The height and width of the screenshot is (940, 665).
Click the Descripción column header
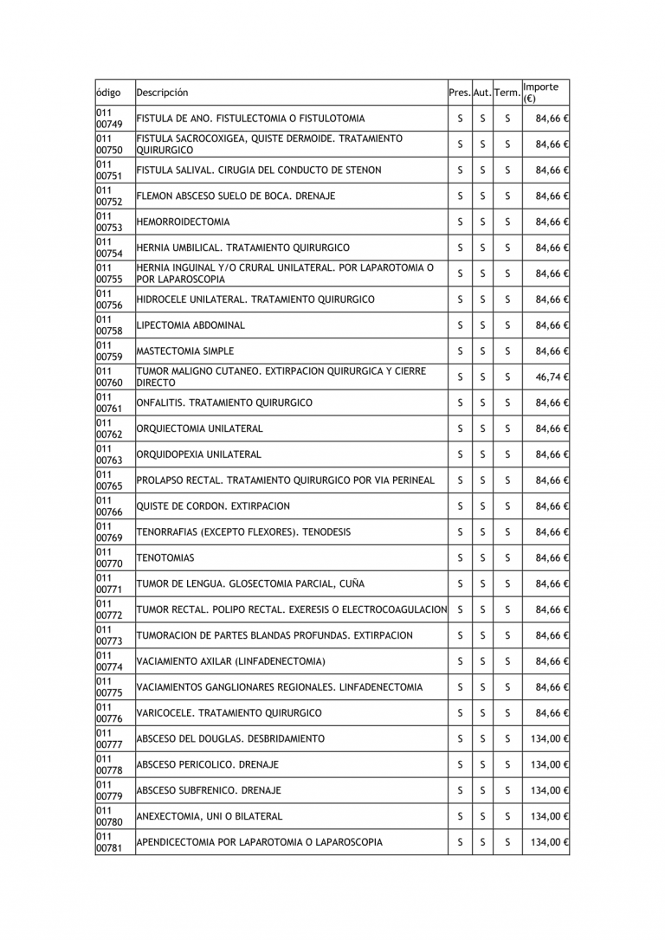click(162, 93)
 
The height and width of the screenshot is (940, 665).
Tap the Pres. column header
click(460, 93)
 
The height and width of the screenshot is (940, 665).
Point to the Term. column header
click(507, 93)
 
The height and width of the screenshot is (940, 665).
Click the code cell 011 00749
click(109, 119)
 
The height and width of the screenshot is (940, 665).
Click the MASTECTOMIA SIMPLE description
click(185, 351)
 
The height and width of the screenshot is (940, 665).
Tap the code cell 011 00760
click(109, 377)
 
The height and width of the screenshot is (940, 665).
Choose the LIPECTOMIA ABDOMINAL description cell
click(191, 325)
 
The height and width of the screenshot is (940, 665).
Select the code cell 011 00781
click(109, 842)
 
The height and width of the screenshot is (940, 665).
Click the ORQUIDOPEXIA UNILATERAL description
click(199, 454)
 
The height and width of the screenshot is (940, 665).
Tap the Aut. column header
click(482, 93)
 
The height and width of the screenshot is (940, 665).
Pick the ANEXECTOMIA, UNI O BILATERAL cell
click(210, 816)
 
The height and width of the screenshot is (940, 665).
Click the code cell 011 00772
click(109, 610)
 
